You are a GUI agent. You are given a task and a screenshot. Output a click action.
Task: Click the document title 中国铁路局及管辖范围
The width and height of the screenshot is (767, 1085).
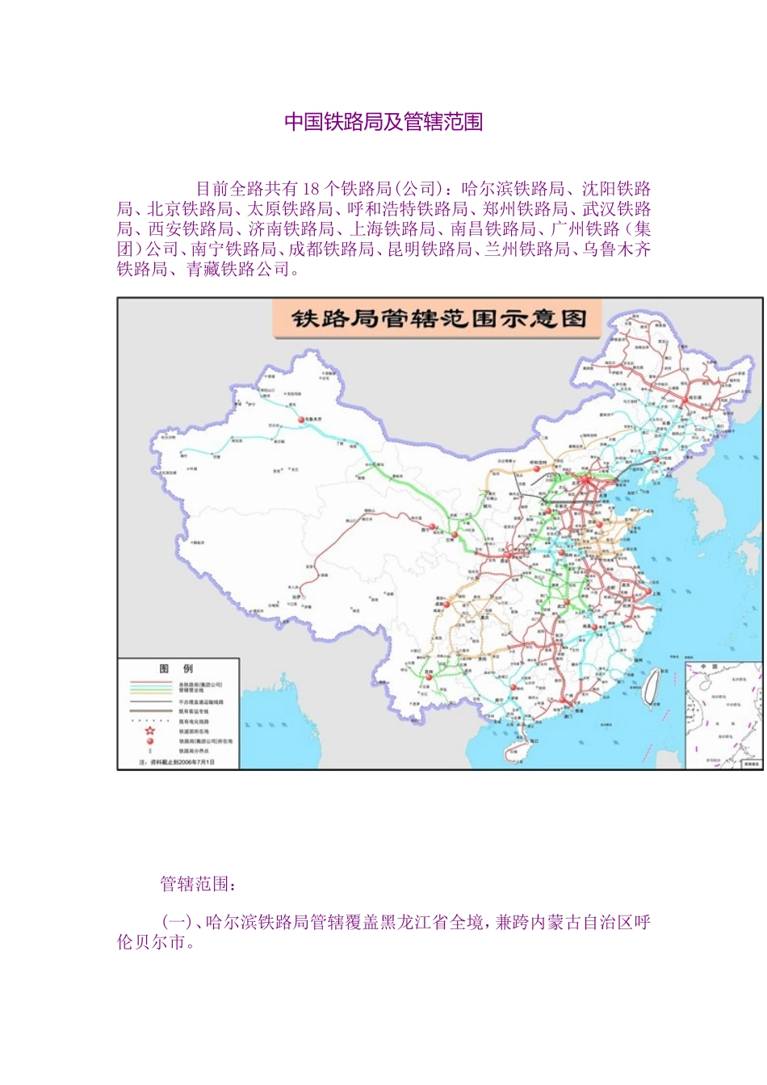(383, 122)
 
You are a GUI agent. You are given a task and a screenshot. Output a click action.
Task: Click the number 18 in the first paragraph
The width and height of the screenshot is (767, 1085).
(312, 189)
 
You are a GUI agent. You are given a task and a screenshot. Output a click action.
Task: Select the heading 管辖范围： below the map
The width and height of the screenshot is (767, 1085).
(199, 884)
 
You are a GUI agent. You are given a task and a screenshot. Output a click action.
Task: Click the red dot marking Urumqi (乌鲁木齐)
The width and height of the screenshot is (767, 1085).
(301, 420)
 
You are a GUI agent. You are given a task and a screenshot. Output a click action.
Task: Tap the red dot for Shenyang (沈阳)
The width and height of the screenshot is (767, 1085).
(656, 459)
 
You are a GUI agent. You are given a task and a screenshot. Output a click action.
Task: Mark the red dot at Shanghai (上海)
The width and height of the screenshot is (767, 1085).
(648, 592)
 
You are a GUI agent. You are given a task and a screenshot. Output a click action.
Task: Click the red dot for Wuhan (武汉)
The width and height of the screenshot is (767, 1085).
(567, 602)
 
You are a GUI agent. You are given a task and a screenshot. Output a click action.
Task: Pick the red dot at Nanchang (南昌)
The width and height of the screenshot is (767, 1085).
(594, 626)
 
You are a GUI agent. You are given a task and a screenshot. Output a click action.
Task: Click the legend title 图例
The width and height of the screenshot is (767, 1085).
(177, 668)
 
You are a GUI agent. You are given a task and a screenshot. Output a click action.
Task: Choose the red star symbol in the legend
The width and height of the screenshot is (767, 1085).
(149, 731)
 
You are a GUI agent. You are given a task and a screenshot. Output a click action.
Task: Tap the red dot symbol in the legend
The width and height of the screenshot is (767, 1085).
(149, 740)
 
